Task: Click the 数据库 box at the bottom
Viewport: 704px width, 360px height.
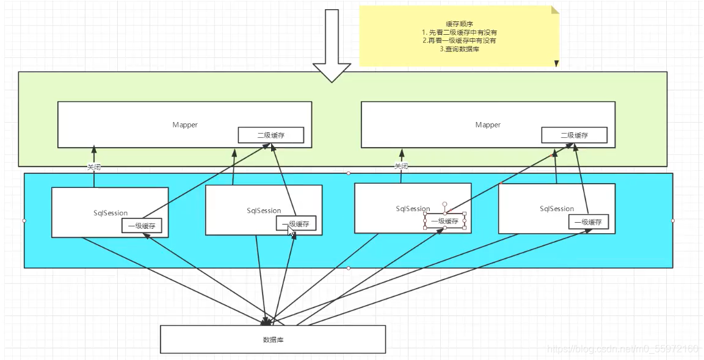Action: (272, 339)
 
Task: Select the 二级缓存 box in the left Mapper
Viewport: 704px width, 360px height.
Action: (270, 135)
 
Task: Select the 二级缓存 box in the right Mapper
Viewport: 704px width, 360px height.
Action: (574, 135)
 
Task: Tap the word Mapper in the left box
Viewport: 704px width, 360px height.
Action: (184, 124)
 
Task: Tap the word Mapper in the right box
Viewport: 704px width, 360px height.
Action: (488, 124)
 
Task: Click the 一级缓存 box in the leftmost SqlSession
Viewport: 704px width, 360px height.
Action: (142, 226)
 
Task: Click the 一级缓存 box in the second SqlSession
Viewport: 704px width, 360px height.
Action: (296, 224)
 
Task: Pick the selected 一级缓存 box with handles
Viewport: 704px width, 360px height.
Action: (445, 221)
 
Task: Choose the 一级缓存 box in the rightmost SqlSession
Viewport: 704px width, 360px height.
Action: (589, 222)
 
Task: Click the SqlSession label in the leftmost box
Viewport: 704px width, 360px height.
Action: (111, 213)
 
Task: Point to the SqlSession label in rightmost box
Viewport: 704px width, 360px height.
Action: (557, 209)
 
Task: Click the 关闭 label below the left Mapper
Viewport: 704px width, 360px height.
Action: (93, 167)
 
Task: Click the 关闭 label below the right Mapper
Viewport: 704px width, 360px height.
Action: (401, 167)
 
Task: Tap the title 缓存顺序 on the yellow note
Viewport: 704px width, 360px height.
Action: (459, 23)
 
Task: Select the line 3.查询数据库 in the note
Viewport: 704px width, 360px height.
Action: (459, 49)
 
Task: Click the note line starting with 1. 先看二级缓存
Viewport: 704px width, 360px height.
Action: (459, 32)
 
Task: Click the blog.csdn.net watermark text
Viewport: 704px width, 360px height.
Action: (623, 349)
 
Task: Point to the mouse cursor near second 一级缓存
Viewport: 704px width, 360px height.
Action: (291, 229)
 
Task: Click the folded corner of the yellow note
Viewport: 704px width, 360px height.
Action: (554, 10)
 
